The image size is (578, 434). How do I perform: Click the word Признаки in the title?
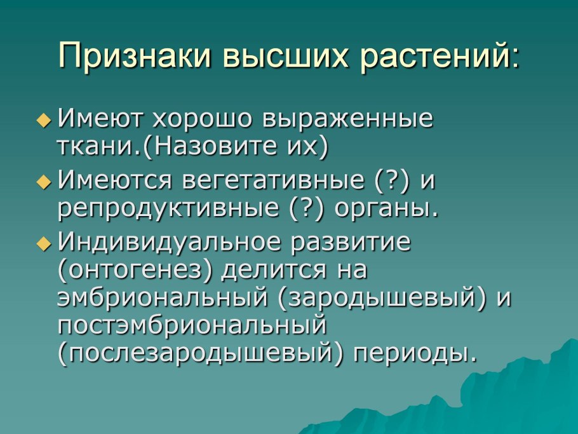click(x=133, y=57)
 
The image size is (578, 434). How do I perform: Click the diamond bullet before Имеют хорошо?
click(x=43, y=118)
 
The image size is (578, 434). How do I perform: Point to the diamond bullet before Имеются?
click(x=43, y=182)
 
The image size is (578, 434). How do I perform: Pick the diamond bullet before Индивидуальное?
click(x=43, y=243)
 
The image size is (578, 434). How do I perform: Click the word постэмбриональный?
click(x=192, y=326)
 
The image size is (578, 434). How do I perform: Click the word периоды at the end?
click(x=413, y=353)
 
